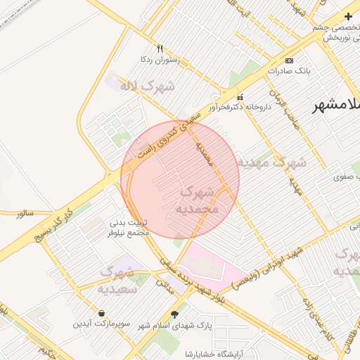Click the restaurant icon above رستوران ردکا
(x=160, y=49)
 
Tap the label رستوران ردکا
(x=160, y=60)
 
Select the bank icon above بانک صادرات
(x=290, y=61)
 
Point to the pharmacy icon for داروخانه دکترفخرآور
(x=241, y=96)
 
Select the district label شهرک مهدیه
(x=271, y=162)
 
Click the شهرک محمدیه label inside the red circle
(x=200, y=200)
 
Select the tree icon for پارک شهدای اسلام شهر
(x=174, y=314)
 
